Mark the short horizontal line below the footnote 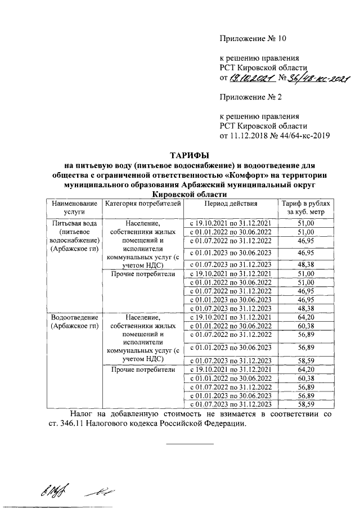(x=190, y=444)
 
